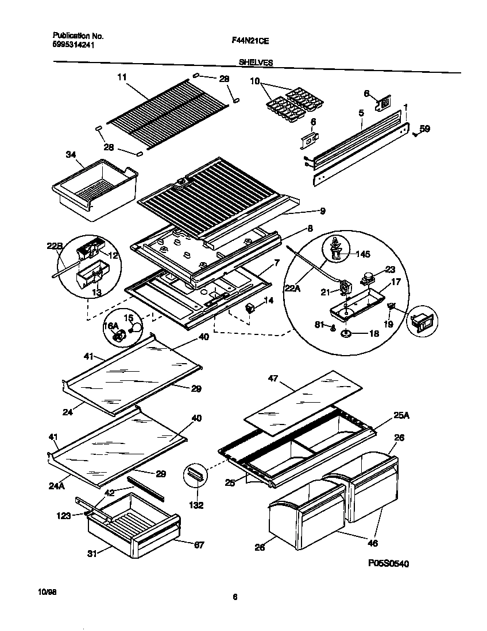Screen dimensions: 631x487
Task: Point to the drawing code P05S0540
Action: click(388, 564)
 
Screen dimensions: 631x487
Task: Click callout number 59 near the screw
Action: click(424, 129)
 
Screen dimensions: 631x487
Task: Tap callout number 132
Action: click(196, 506)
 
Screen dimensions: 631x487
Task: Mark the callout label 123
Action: click(63, 516)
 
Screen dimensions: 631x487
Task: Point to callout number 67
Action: click(199, 544)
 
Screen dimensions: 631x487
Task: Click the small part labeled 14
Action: click(250, 309)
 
